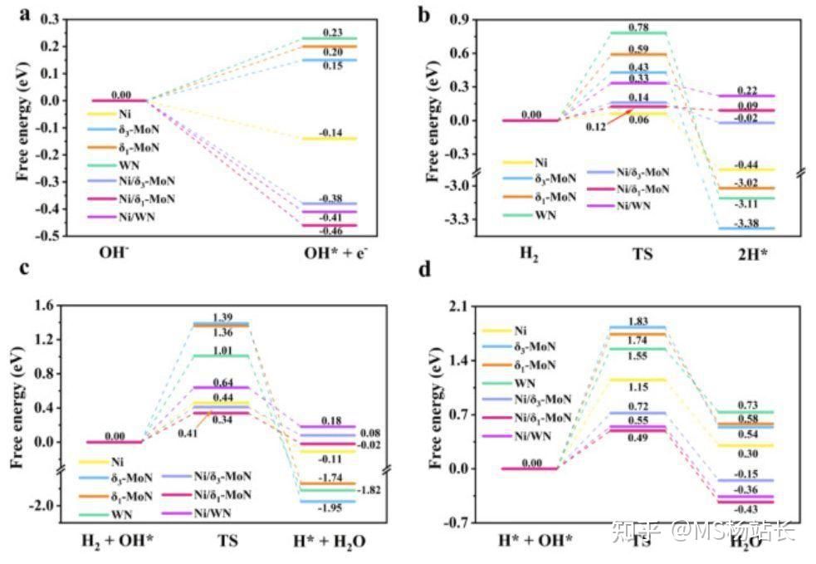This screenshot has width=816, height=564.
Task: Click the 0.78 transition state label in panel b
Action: (639, 27)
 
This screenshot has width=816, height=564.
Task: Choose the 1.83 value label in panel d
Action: (638, 321)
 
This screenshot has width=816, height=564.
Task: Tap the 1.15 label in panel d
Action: (638, 387)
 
